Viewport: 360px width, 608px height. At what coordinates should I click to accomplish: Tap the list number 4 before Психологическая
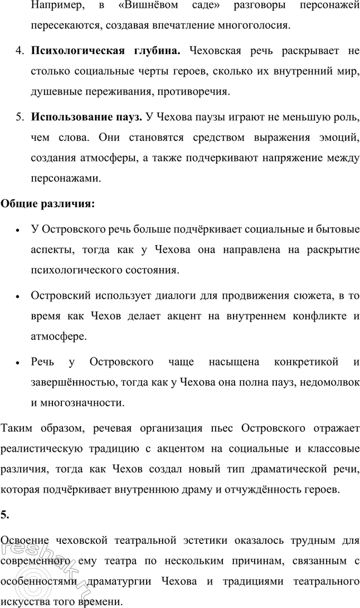(x=18, y=51)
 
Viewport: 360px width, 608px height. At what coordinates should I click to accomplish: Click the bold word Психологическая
(x=76, y=51)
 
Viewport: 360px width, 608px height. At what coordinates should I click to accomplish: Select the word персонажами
(x=66, y=178)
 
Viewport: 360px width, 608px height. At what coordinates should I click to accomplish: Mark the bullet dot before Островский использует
(x=18, y=295)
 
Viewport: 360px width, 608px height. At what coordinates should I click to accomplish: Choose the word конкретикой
(x=307, y=362)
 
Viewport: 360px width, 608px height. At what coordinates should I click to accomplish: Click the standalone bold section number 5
(x=4, y=515)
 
